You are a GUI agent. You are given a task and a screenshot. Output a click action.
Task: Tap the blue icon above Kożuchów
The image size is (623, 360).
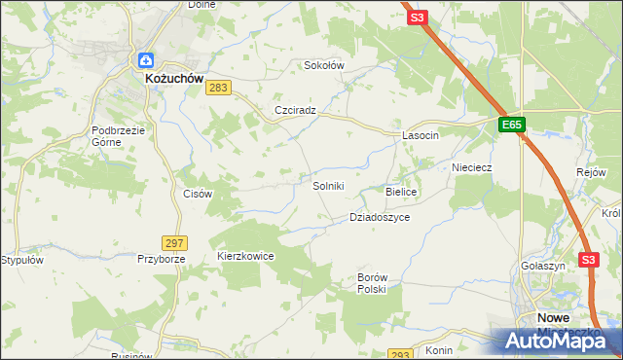point(145,60)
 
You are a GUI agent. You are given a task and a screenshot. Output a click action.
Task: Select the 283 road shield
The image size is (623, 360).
point(218,89)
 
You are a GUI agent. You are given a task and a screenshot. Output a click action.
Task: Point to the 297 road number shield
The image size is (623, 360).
point(175,242)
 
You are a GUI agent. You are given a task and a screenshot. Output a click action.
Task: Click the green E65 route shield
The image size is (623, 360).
point(513,126)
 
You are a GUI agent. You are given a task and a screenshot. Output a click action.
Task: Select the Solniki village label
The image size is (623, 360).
point(328,186)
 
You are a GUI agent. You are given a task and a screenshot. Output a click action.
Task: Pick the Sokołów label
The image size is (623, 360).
point(325,65)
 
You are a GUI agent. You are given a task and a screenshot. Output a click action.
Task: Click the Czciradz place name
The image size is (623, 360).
point(296,111)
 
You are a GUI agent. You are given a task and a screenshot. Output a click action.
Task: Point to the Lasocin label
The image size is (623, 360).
point(421,136)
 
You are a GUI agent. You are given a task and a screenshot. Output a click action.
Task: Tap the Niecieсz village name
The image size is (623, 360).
point(472,167)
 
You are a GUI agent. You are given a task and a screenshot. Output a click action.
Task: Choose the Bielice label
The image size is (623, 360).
point(401,193)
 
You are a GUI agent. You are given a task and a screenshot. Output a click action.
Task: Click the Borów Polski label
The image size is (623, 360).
point(372,283)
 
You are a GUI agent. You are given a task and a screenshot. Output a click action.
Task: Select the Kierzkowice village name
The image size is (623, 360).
point(245,256)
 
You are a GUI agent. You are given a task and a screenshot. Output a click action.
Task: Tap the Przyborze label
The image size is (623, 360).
point(161,260)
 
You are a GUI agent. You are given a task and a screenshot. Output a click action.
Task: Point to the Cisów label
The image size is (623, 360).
point(198,194)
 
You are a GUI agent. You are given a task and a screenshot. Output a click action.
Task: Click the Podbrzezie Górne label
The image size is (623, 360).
point(120,136)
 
